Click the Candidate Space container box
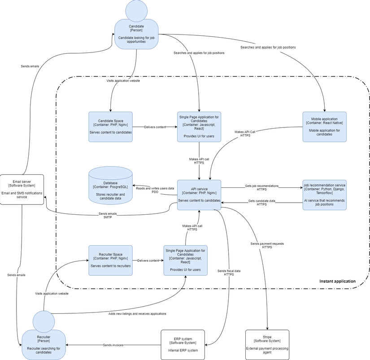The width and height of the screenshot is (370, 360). pos(110,127)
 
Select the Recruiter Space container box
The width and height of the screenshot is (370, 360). pos(110,260)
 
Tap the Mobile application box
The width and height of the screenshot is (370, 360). pos(324,127)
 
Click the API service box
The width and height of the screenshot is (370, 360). pos(199,195)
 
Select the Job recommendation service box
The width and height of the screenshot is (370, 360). pos(324,195)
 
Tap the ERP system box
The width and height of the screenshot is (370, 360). pos(183,345)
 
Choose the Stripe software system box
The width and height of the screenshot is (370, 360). pos(267,345)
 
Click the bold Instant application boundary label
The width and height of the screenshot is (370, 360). pos(337,282)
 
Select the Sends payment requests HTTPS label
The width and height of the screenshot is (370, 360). pos(267,245)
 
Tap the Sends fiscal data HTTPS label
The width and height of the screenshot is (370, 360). pos(229,273)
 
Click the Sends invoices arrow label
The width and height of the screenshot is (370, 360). pos(113,345)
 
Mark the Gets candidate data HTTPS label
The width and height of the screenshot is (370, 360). pos(262,202)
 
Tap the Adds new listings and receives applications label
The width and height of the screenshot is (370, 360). pos(137,314)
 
